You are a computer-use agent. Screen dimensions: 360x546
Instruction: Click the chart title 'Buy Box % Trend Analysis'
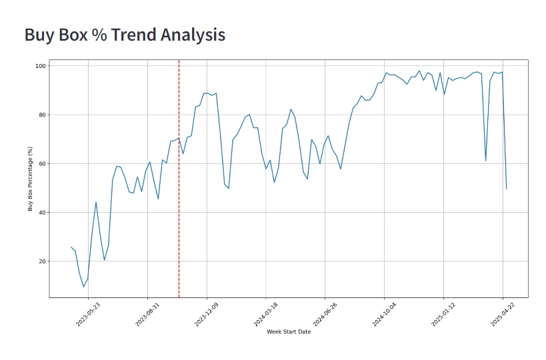(x=125, y=35)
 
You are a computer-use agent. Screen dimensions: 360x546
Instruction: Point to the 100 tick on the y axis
(x=40, y=66)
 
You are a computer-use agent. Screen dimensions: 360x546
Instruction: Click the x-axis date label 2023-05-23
(x=88, y=313)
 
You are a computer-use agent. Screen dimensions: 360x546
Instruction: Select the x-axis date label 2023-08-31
(x=147, y=313)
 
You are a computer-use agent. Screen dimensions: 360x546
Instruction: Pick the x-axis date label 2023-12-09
(x=206, y=313)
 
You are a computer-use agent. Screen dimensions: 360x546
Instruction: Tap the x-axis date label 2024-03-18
(x=265, y=313)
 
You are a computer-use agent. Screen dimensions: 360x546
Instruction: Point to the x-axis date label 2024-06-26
(x=324, y=313)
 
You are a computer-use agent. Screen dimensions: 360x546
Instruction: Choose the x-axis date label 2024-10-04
(x=383, y=313)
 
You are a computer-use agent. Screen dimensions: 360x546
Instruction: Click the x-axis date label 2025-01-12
(x=443, y=313)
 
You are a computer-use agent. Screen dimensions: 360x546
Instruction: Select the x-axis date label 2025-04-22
(x=501, y=313)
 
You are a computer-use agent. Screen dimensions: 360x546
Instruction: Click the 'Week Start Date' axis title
(x=289, y=332)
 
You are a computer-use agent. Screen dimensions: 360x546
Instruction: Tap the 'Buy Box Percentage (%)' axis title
(x=30, y=179)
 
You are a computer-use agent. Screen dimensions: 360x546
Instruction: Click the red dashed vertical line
(x=179, y=200)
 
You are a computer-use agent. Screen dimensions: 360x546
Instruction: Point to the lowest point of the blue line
(x=83, y=287)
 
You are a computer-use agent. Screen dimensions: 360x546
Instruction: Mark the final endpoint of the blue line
(x=506, y=189)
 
